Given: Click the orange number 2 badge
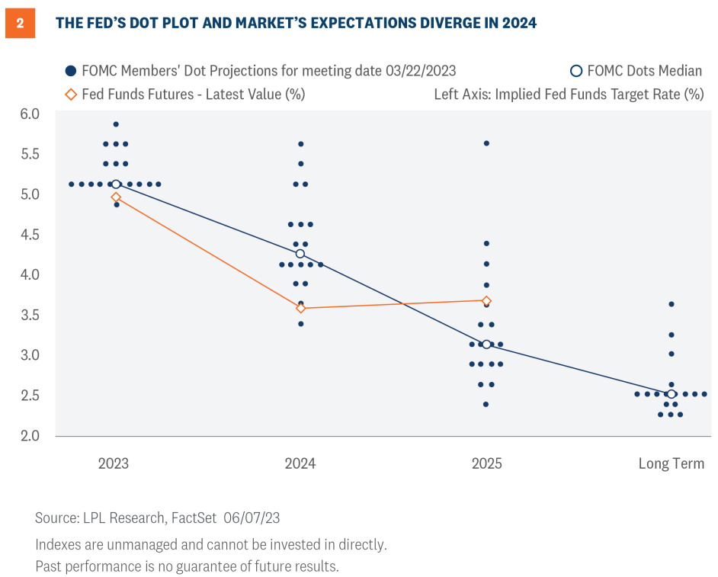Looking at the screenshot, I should pyautogui.click(x=20, y=23).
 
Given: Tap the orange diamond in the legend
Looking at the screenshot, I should pyautogui.click(x=71, y=95).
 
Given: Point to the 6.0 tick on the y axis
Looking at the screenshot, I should pyautogui.click(x=30, y=114).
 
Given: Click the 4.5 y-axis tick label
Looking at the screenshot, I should pyautogui.click(x=30, y=234).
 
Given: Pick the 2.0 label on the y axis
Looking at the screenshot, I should pyautogui.click(x=30, y=436).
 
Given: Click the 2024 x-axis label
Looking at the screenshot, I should pyautogui.click(x=300, y=463).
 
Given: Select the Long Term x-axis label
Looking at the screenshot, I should pyautogui.click(x=671, y=463).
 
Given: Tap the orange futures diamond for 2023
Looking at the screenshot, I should pyautogui.click(x=116, y=197).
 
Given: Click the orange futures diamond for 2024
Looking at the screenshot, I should pyautogui.click(x=300, y=308).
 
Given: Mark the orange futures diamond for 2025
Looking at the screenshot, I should pyautogui.click(x=486, y=300).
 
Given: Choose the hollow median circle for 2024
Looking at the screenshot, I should pyautogui.click(x=300, y=254).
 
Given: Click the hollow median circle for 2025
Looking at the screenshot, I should pyautogui.click(x=486, y=344).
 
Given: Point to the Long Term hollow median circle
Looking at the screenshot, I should pyautogui.click(x=671, y=394).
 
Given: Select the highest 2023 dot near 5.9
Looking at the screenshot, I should pyautogui.click(x=116, y=123).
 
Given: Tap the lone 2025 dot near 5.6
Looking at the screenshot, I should pyautogui.click(x=486, y=143).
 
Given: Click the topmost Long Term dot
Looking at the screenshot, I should pyautogui.click(x=671, y=304).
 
